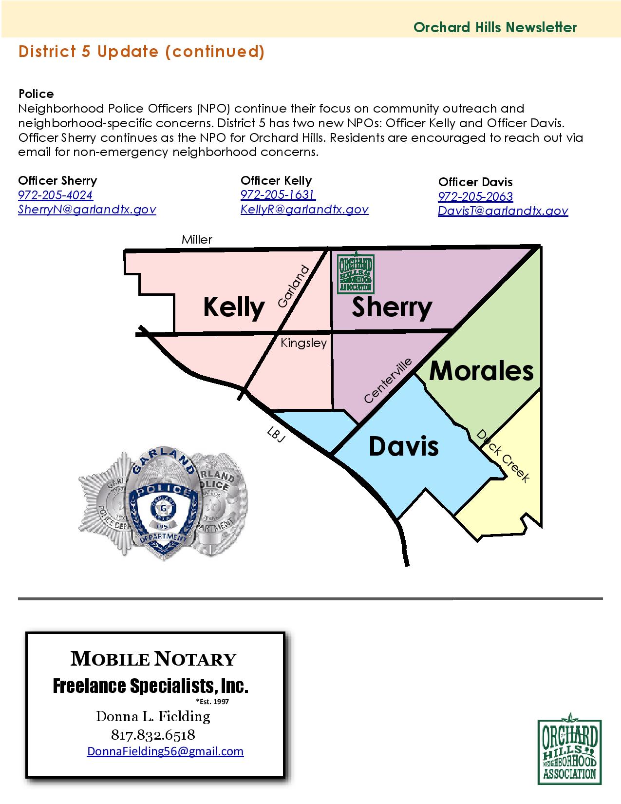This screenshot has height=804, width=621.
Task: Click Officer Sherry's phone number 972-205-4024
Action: pos(56,195)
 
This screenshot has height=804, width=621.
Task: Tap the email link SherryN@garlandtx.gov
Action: pos(87,210)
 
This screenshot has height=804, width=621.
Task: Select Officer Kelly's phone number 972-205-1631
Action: pos(278,195)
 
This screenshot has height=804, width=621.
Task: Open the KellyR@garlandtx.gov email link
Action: pos(304,210)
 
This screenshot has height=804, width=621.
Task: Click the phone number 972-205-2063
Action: pos(475,197)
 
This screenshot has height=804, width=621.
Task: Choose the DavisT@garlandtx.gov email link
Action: pos(503,211)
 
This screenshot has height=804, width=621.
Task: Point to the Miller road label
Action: pos(197,240)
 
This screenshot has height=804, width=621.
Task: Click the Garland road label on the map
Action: pos(293,287)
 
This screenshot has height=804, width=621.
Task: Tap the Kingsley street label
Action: pos(303,344)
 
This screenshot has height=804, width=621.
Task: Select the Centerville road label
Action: pos(388,381)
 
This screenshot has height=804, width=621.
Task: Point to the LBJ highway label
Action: pos(276,434)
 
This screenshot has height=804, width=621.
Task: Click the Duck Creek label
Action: pos(502,456)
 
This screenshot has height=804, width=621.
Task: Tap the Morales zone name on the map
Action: pos(481,371)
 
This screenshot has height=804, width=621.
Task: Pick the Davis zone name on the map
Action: pos(404,446)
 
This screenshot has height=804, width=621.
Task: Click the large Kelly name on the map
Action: pos(234,307)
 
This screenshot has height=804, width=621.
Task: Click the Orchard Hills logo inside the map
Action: pos(356,273)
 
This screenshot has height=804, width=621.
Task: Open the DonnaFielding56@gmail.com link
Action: pos(165,751)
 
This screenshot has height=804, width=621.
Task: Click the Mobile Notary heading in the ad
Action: pos(153,659)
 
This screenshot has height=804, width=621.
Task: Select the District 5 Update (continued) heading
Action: pos(141,52)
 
